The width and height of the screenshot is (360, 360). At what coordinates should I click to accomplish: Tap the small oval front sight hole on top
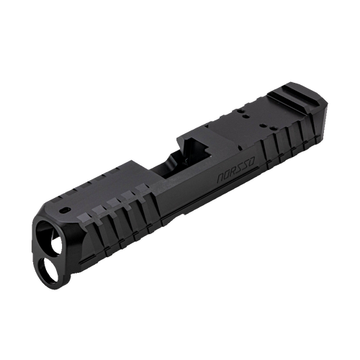66,210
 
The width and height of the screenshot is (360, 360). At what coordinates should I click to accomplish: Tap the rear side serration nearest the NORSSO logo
264,151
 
